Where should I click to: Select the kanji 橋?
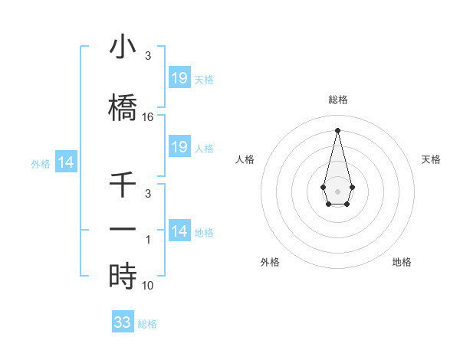tap(123, 108)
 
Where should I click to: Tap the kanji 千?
tap(123, 186)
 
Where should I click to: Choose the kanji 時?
tap(123, 276)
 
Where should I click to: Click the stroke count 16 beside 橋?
tap(148, 117)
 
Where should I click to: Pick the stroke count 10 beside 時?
tap(148, 285)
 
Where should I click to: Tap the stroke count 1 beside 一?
tap(149, 239)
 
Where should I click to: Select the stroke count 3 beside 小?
tap(148, 56)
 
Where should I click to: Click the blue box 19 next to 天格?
tap(179, 78)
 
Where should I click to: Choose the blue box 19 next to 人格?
tap(179, 147)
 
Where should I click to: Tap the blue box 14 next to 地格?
tap(179, 231)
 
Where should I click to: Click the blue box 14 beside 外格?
tap(66, 162)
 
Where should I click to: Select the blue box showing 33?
tap(123, 322)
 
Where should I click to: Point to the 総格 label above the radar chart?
tap(337, 100)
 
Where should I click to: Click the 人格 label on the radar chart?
tap(245, 159)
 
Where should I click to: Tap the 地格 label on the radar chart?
tap(402, 262)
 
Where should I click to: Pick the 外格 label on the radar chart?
tap(270, 262)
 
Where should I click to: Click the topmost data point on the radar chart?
tap(337, 129)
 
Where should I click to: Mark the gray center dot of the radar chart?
tap(337, 190)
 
